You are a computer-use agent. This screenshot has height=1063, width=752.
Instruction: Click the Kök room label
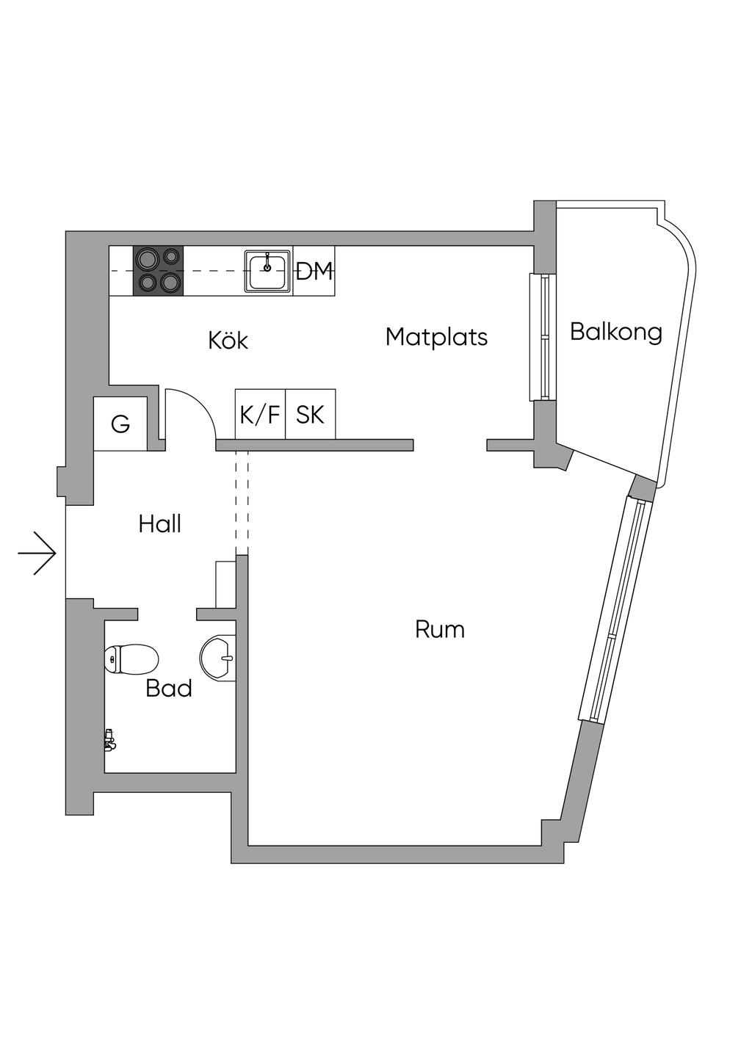(x=228, y=340)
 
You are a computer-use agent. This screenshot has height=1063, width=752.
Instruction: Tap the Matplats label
(x=436, y=337)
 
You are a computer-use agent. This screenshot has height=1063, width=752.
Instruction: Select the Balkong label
(x=615, y=332)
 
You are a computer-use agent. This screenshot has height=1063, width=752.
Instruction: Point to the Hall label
(x=159, y=523)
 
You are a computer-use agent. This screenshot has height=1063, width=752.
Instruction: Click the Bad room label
(x=168, y=688)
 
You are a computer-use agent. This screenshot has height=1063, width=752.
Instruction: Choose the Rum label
(x=439, y=629)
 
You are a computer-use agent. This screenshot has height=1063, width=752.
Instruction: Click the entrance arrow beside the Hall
(x=37, y=553)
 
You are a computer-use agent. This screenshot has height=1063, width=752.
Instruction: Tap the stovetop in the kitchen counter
(x=158, y=271)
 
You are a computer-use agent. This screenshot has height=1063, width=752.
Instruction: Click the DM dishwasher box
(x=314, y=272)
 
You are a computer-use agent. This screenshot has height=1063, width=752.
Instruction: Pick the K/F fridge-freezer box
(x=260, y=415)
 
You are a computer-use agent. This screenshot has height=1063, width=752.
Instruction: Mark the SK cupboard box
(x=310, y=415)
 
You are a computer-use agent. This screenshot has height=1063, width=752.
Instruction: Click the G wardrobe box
(x=120, y=424)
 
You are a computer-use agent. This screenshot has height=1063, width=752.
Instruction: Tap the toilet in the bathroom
(x=132, y=659)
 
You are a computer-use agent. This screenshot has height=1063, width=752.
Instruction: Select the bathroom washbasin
(x=218, y=656)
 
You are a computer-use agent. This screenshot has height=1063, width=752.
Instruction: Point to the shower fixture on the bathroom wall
(x=109, y=740)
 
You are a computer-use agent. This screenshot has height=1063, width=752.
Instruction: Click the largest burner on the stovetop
(x=148, y=258)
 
